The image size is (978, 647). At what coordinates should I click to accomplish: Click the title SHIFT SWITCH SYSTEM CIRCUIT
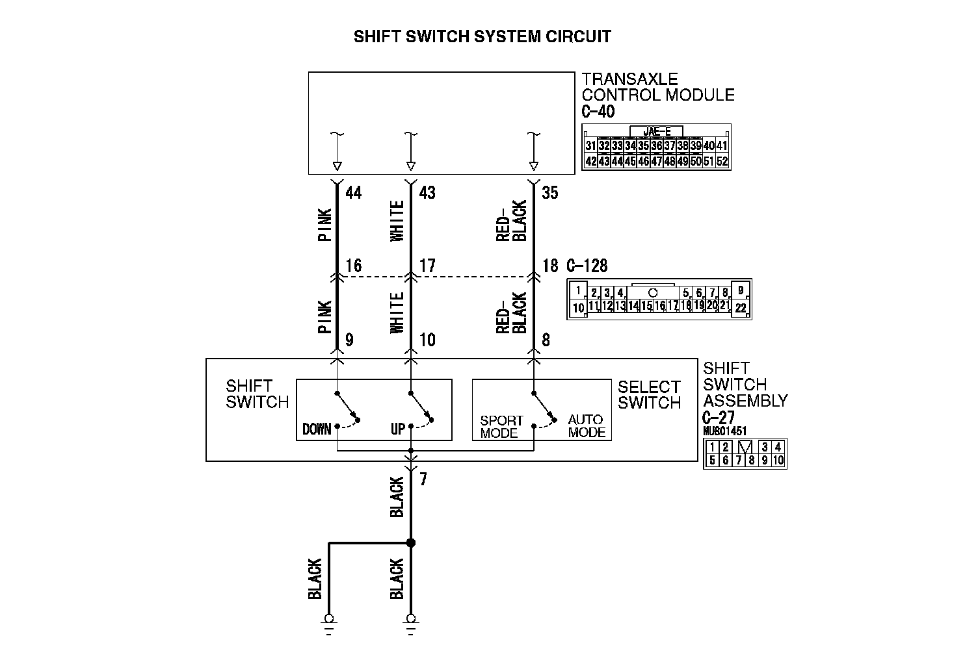point(482,36)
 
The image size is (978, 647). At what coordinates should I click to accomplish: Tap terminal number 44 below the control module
point(353,192)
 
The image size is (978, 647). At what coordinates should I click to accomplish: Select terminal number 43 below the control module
point(427,192)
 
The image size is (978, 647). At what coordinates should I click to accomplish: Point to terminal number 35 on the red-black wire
point(549,192)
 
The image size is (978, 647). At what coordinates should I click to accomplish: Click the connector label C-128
point(587,266)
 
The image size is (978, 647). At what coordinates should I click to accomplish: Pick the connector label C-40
point(598,111)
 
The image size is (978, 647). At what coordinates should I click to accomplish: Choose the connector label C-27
point(719,418)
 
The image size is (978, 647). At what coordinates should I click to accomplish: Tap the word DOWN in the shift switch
point(317,429)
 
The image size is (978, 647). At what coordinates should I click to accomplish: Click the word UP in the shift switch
point(398,429)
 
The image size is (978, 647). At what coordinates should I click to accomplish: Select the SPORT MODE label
point(501,427)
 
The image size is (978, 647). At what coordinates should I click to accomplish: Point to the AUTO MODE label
point(586,426)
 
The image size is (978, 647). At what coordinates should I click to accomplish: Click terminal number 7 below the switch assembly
point(423,480)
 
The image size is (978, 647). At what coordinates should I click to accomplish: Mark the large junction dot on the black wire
point(410,543)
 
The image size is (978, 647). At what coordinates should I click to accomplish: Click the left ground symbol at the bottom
point(329,622)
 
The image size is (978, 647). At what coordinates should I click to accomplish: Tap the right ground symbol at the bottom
point(410,622)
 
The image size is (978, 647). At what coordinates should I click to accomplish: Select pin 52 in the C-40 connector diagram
point(722,161)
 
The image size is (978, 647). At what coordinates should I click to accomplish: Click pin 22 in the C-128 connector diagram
point(741,309)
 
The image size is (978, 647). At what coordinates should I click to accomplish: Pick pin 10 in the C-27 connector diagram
point(778,461)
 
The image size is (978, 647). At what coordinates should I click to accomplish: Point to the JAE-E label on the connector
point(655,131)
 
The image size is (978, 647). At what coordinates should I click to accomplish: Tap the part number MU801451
point(724,431)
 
